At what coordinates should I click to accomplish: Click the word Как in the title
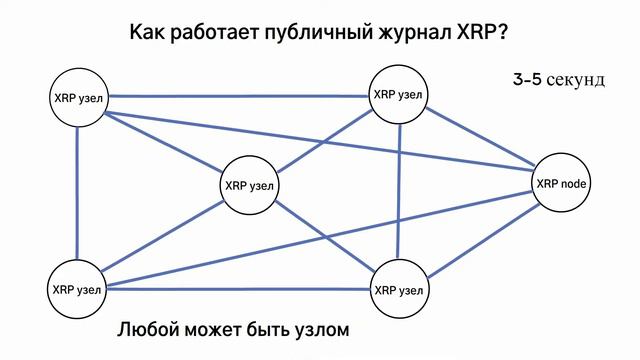click(147, 33)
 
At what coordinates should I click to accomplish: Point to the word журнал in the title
click(409, 34)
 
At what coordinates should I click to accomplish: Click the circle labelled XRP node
click(563, 184)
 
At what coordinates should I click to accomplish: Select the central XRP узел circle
click(250, 186)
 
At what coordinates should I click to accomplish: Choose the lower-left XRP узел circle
click(77, 290)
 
